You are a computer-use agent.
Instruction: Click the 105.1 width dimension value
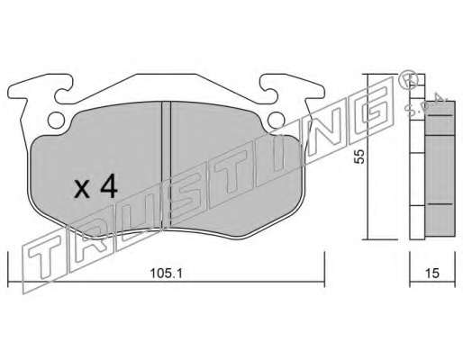click(166, 274)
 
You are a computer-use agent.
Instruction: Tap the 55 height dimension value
click(359, 156)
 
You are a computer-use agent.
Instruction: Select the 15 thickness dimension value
click(432, 274)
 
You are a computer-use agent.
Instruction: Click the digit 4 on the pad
click(109, 186)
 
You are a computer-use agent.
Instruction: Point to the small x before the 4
click(82, 190)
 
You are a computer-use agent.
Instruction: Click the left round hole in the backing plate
click(56, 120)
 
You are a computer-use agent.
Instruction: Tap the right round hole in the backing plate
click(276, 120)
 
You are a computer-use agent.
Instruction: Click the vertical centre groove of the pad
click(166, 165)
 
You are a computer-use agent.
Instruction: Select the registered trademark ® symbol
click(409, 78)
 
